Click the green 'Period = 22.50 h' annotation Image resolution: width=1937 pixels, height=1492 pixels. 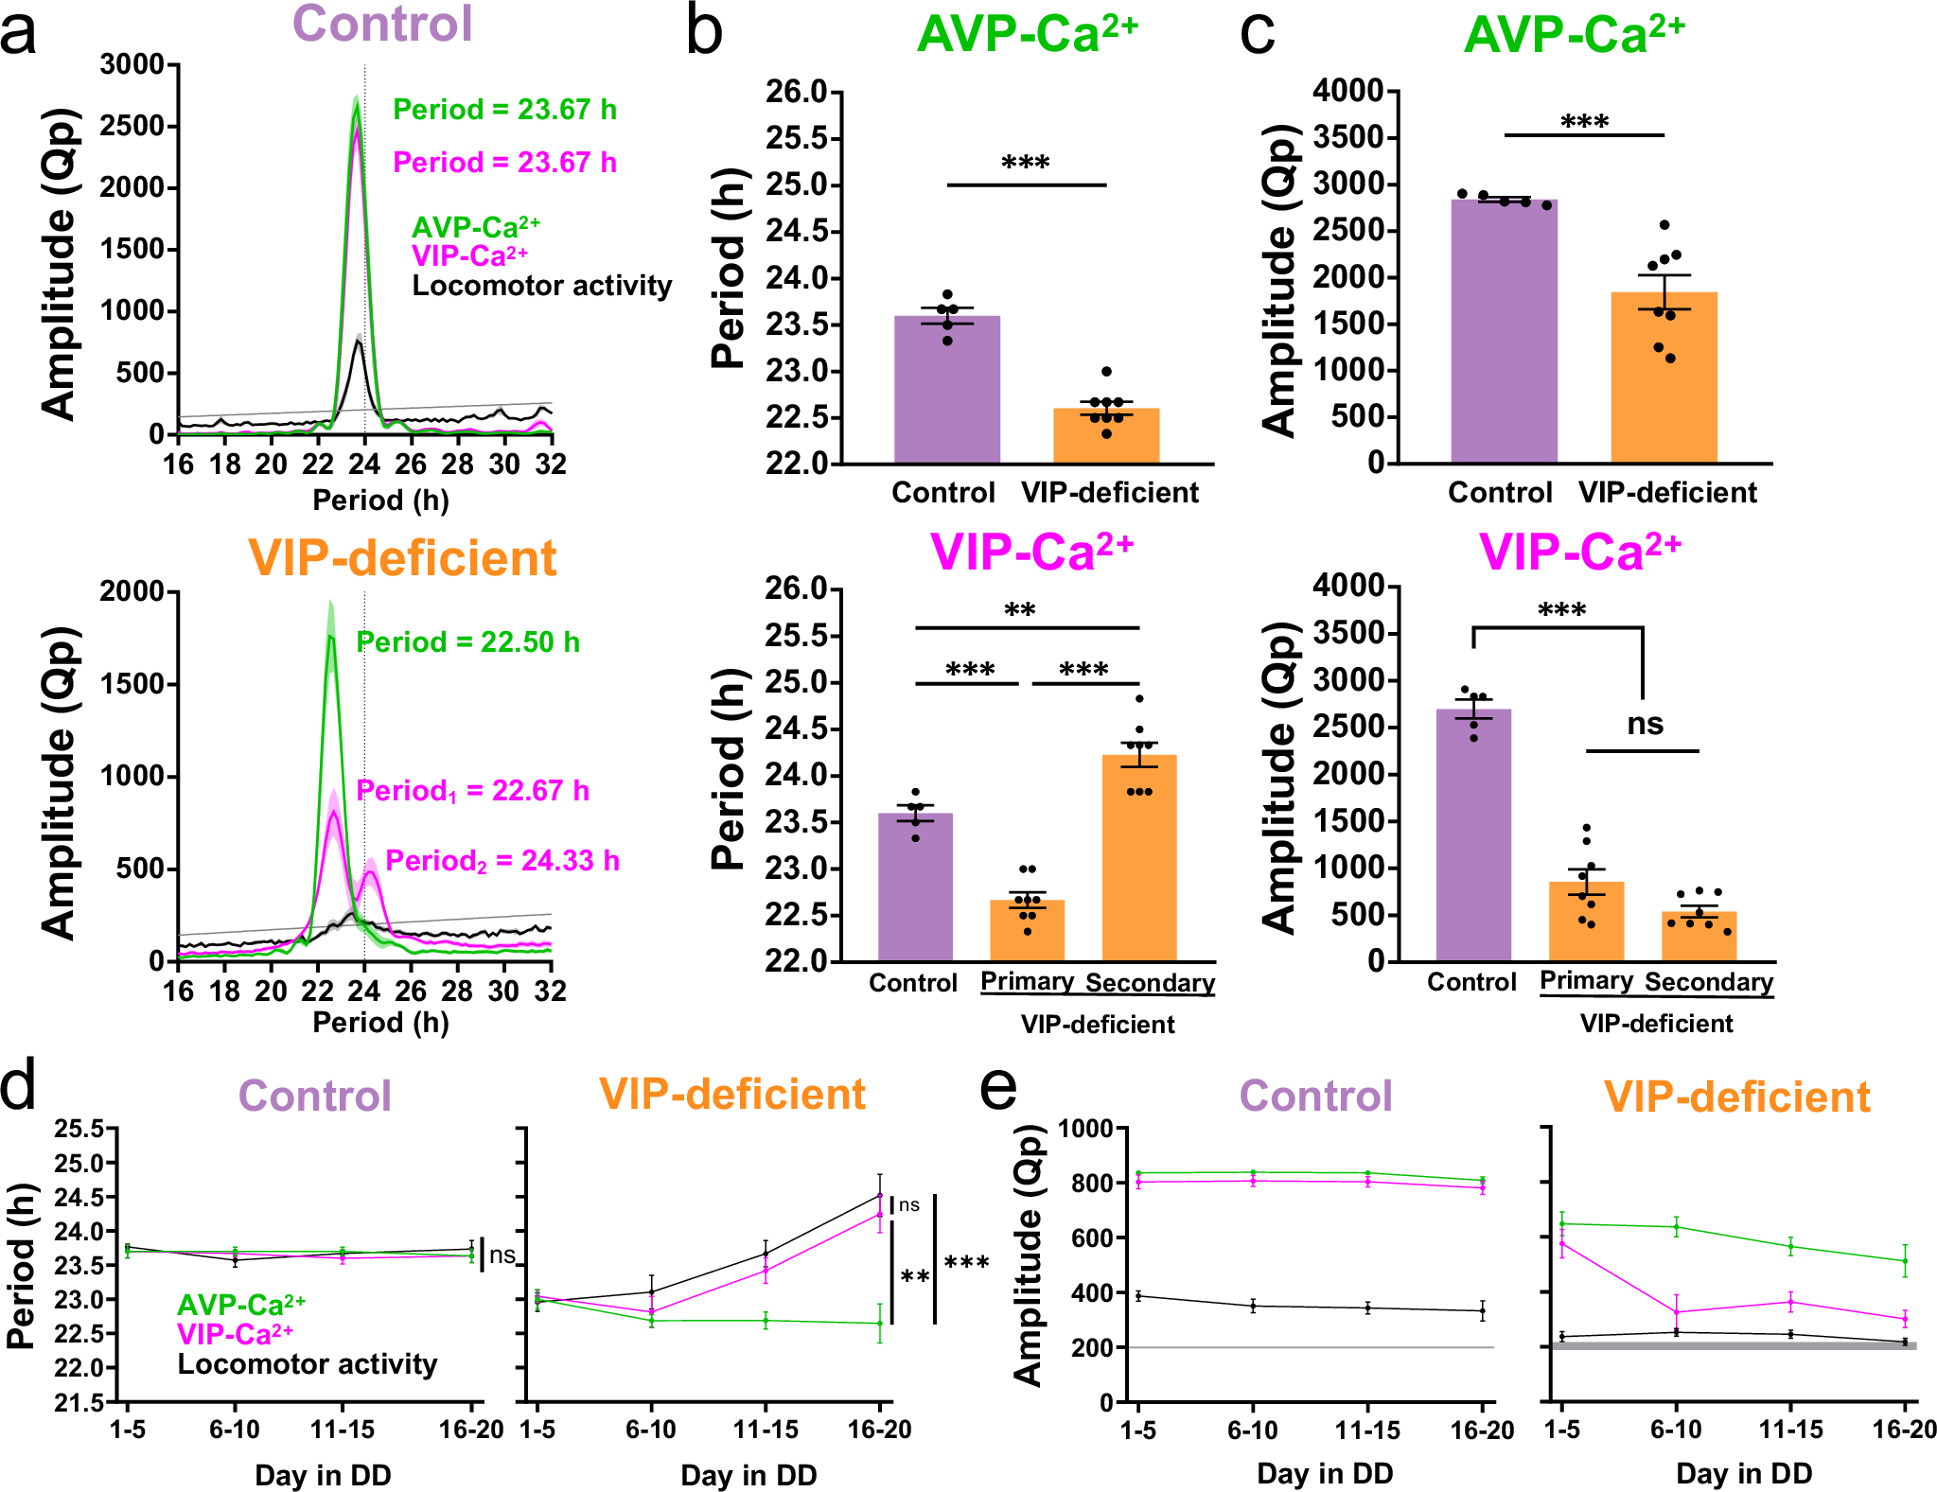pyautogui.click(x=467, y=642)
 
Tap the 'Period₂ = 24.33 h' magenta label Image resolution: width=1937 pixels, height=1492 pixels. pyautogui.click(x=502, y=861)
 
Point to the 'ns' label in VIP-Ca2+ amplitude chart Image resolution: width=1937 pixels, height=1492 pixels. pyautogui.click(x=1645, y=725)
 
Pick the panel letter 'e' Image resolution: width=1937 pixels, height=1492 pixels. pyautogui.click(x=998, y=1088)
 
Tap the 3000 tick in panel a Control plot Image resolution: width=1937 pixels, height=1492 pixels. pyautogui.click(x=132, y=65)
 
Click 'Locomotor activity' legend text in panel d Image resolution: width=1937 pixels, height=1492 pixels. pyautogui.click(x=308, y=1364)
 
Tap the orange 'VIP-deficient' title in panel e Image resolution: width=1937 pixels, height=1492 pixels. pyautogui.click(x=1736, y=1097)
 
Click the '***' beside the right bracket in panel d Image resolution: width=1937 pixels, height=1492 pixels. pyautogui.click(x=966, y=1263)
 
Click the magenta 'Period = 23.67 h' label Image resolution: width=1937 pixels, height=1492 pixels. pyautogui.click(x=504, y=163)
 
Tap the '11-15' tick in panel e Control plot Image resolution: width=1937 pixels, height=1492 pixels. pyautogui.click(x=1367, y=1431)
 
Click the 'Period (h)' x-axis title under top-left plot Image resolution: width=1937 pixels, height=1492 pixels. pyautogui.click(x=380, y=500)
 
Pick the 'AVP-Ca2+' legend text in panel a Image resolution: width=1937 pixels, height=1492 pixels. pyautogui.click(x=475, y=228)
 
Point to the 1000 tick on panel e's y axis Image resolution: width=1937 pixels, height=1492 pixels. pyautogui.click(x=1084, y=1128)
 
